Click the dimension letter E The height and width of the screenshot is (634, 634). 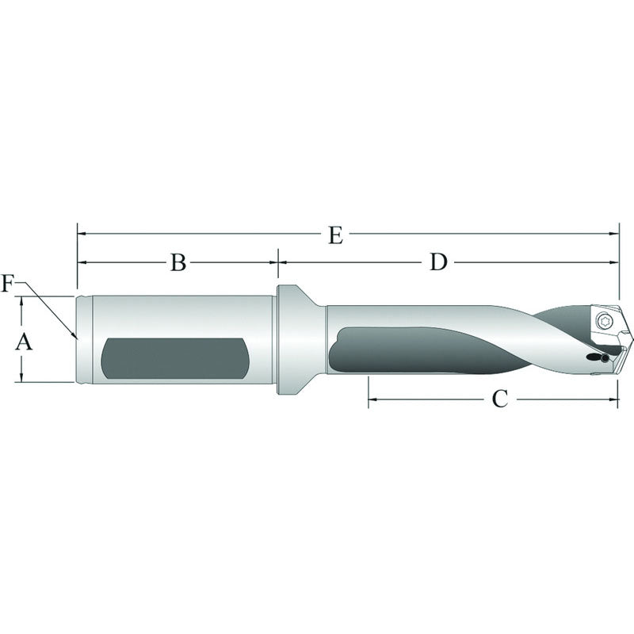coord(335,235)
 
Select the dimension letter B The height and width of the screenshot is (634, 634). coord(178,262)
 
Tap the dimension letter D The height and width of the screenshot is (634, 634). coord(438,262)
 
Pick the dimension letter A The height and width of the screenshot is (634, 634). coord(24,342)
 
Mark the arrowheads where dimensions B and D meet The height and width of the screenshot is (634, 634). coord(277,261)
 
